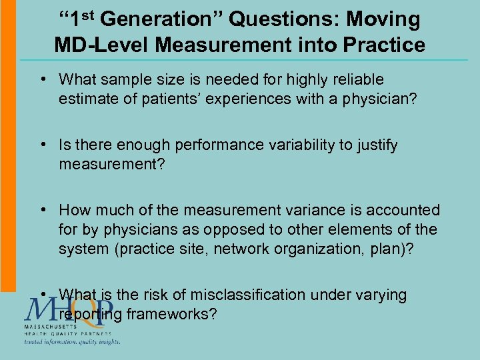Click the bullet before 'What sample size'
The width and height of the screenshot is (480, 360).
pos(43,79)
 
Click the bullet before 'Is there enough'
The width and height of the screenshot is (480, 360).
pos(43,145)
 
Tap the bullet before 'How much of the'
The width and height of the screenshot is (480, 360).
pos(43,210)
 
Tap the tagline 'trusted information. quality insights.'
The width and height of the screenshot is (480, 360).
pos(72,342)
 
